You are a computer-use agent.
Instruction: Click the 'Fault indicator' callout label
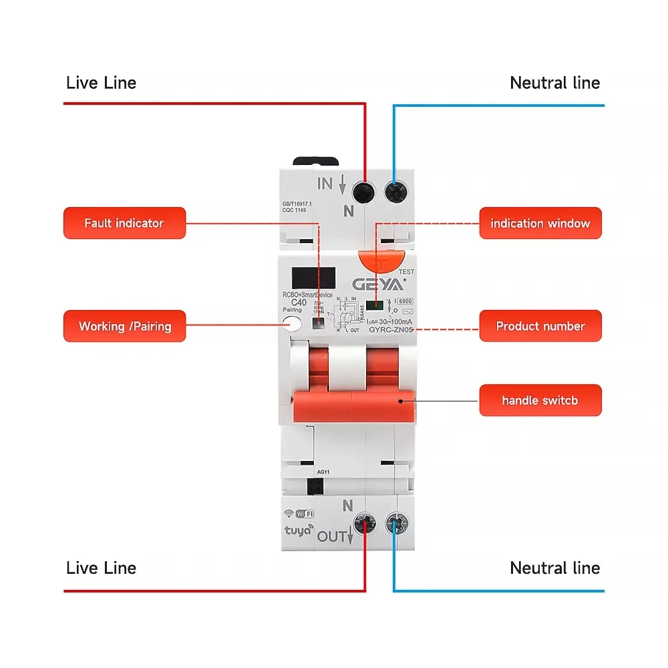coord(124,223)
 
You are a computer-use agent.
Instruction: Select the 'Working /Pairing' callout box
coord(124,326)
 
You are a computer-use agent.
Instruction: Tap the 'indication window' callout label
coord(540,223)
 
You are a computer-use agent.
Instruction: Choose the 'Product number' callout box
coord(540,326)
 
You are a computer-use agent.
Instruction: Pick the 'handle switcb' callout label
coord(540,400)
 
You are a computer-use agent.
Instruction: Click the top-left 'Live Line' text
coord(101,83)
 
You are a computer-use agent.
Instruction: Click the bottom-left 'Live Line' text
coord(101,568)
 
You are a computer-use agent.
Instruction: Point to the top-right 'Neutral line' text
coord(554,83)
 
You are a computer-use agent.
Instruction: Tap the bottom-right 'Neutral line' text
coord(554,568)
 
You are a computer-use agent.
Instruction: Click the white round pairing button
coord(292,325)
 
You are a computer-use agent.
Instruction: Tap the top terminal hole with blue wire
coord(395,192)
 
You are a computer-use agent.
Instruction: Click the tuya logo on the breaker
coord(300,532)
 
